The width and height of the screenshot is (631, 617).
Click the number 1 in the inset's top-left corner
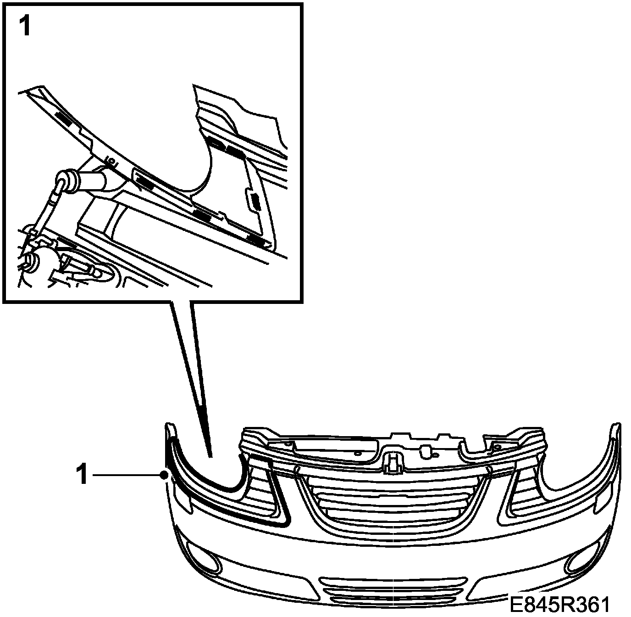point(24,27)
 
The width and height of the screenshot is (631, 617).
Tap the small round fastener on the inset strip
point(110,161)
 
